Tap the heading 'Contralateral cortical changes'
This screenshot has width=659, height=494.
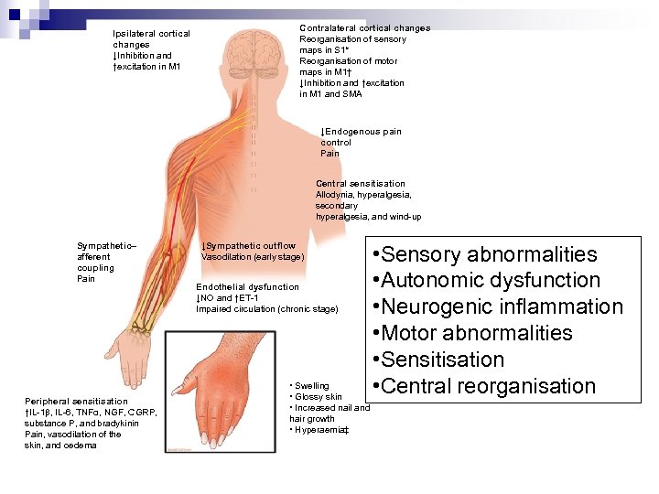[x=364, y=28]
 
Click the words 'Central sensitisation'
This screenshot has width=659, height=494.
[x=360, y=184]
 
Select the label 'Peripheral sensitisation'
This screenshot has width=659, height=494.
[x=76, y=402]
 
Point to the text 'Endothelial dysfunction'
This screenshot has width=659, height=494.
[x=247, y=287]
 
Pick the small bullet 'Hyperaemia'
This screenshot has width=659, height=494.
[x=319, y=430]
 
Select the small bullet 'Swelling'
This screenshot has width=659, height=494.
[x=311, y=386]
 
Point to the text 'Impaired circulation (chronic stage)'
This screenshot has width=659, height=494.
[x=266, y=309]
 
